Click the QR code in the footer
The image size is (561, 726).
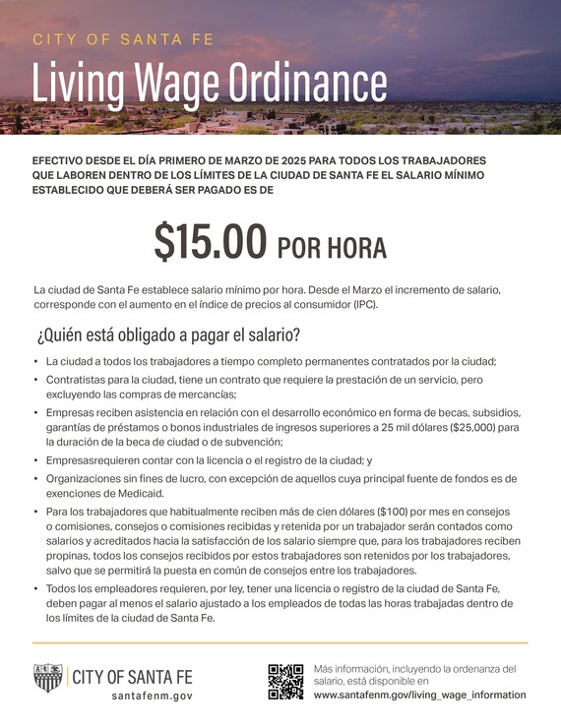point(285,681)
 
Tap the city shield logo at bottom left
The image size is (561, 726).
point(48,678)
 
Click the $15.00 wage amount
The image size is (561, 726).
point(211,242)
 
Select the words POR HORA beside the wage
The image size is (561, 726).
point(332,246)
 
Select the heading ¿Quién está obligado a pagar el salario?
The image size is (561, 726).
point(168,334)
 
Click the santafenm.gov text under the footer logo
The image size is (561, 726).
point(151,695)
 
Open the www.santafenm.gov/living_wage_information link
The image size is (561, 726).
point(419,695)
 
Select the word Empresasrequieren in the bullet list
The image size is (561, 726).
point(90,458)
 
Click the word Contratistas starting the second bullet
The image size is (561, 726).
point(80,379)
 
